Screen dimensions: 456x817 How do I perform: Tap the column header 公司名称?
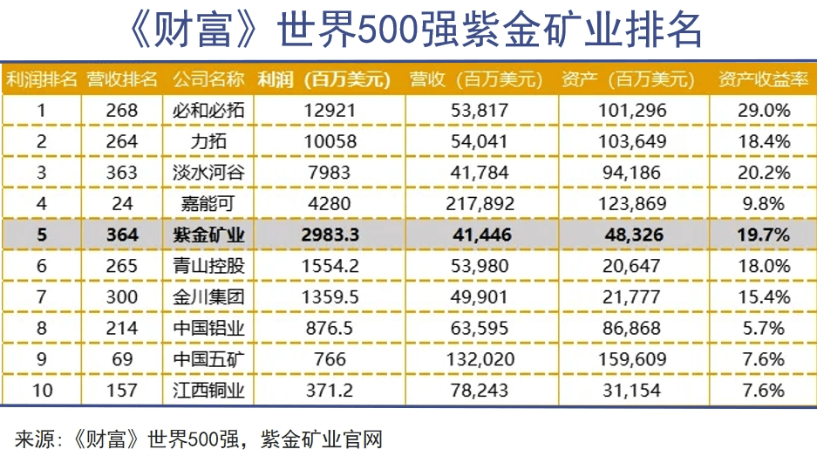coord(208,79)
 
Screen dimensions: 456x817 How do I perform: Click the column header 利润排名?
coord(42,79)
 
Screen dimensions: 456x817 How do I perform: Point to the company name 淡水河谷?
coord(209,173)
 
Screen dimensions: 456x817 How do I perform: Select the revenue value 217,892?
coord(475,203)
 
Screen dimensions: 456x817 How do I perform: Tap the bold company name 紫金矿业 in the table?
coord(209,235)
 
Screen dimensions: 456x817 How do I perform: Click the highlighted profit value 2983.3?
coord(301,235)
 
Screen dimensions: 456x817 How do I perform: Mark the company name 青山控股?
coord(209,265)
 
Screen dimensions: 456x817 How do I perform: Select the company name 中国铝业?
coord(209,328)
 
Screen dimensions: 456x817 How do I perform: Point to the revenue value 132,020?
coord(475,358)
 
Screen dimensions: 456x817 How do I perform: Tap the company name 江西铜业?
coord(209,390)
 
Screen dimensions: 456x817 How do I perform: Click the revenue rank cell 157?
coord(121,390)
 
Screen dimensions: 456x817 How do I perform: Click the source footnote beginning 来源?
coord(200,437)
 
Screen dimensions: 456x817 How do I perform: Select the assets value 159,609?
coord(634,358)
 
